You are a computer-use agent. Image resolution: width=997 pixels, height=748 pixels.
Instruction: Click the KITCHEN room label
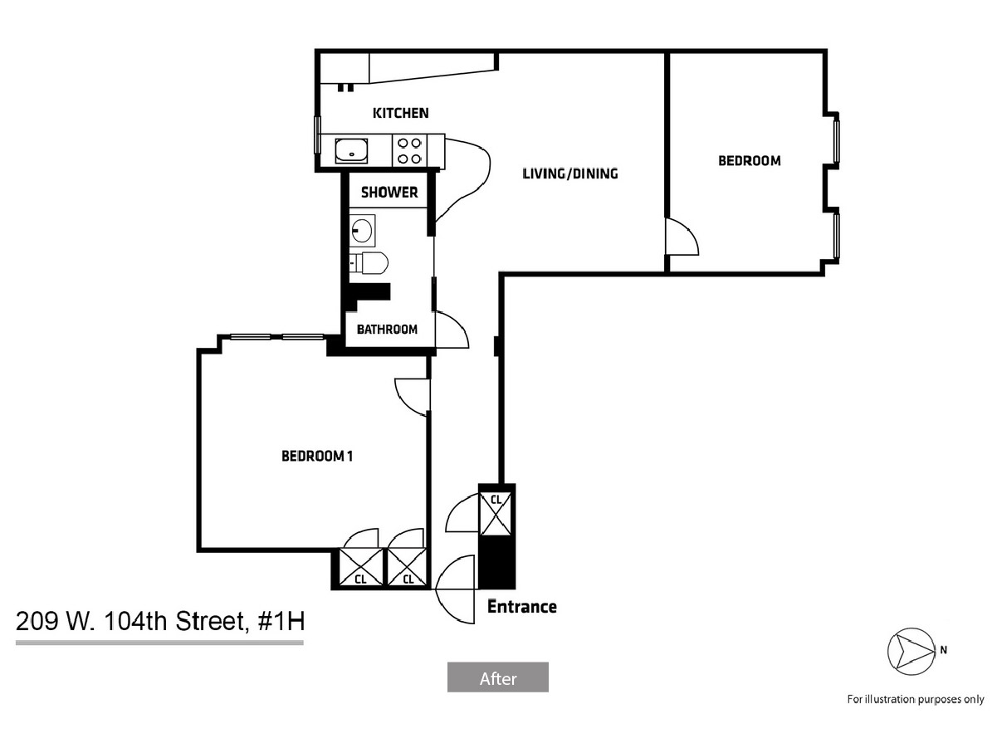point(400,113)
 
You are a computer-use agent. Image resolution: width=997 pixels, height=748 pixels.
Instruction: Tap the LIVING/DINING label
point(570,174)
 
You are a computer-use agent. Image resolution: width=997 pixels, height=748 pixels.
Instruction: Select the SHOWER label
point(389,193)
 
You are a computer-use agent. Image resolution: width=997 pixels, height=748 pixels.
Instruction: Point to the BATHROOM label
point(387,330)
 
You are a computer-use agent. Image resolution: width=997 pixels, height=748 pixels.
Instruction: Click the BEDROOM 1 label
point(317,456)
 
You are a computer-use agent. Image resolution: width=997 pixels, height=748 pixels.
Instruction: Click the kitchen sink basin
point(351,150)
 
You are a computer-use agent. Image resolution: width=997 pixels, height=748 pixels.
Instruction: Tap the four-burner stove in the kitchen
point(409,151)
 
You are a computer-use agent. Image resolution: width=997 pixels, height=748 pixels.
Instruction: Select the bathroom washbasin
point(363,230)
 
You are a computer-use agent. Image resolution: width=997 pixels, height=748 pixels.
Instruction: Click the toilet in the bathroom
point(369,263)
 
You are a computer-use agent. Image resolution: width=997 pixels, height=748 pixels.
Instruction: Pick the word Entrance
point(522,607)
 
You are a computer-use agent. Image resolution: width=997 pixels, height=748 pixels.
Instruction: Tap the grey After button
point(498,677)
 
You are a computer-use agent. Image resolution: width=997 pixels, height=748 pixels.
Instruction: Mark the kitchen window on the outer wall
point(317,134)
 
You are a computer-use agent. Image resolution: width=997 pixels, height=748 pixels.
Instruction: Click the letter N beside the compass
point(943,650)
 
